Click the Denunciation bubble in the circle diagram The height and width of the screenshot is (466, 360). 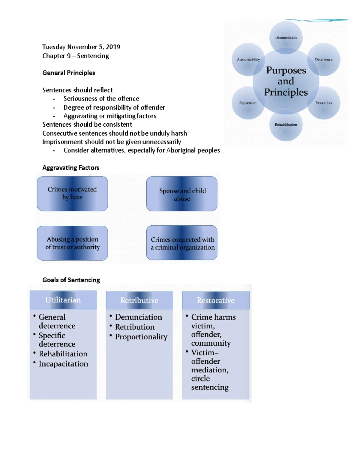coord(286,38)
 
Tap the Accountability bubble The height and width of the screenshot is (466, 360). coord(248,59)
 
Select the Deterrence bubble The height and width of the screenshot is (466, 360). coord(323,59)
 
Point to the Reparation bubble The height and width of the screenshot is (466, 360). coord(248,103)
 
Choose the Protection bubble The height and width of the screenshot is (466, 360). coord(323,103)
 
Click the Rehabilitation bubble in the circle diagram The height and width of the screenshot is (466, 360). coord(286,125)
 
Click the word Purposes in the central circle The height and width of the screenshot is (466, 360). coord(286,71)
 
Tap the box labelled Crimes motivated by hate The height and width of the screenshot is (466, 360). coord(72,194)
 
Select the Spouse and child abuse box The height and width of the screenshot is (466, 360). coord(181,194)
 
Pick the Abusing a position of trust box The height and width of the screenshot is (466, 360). coord(72,243)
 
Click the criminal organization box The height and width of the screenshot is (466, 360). coord(181,243)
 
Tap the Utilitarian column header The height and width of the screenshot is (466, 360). coord(63,300)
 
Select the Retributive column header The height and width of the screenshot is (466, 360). coord(139,300)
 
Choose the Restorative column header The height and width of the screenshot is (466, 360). coord(216,300)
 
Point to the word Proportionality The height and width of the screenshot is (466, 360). coord(141,337)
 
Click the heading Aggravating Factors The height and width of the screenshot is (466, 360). coord(71,167)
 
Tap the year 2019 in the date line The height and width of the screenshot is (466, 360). coord(113,47)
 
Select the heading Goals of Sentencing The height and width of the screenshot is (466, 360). coord(71,280)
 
